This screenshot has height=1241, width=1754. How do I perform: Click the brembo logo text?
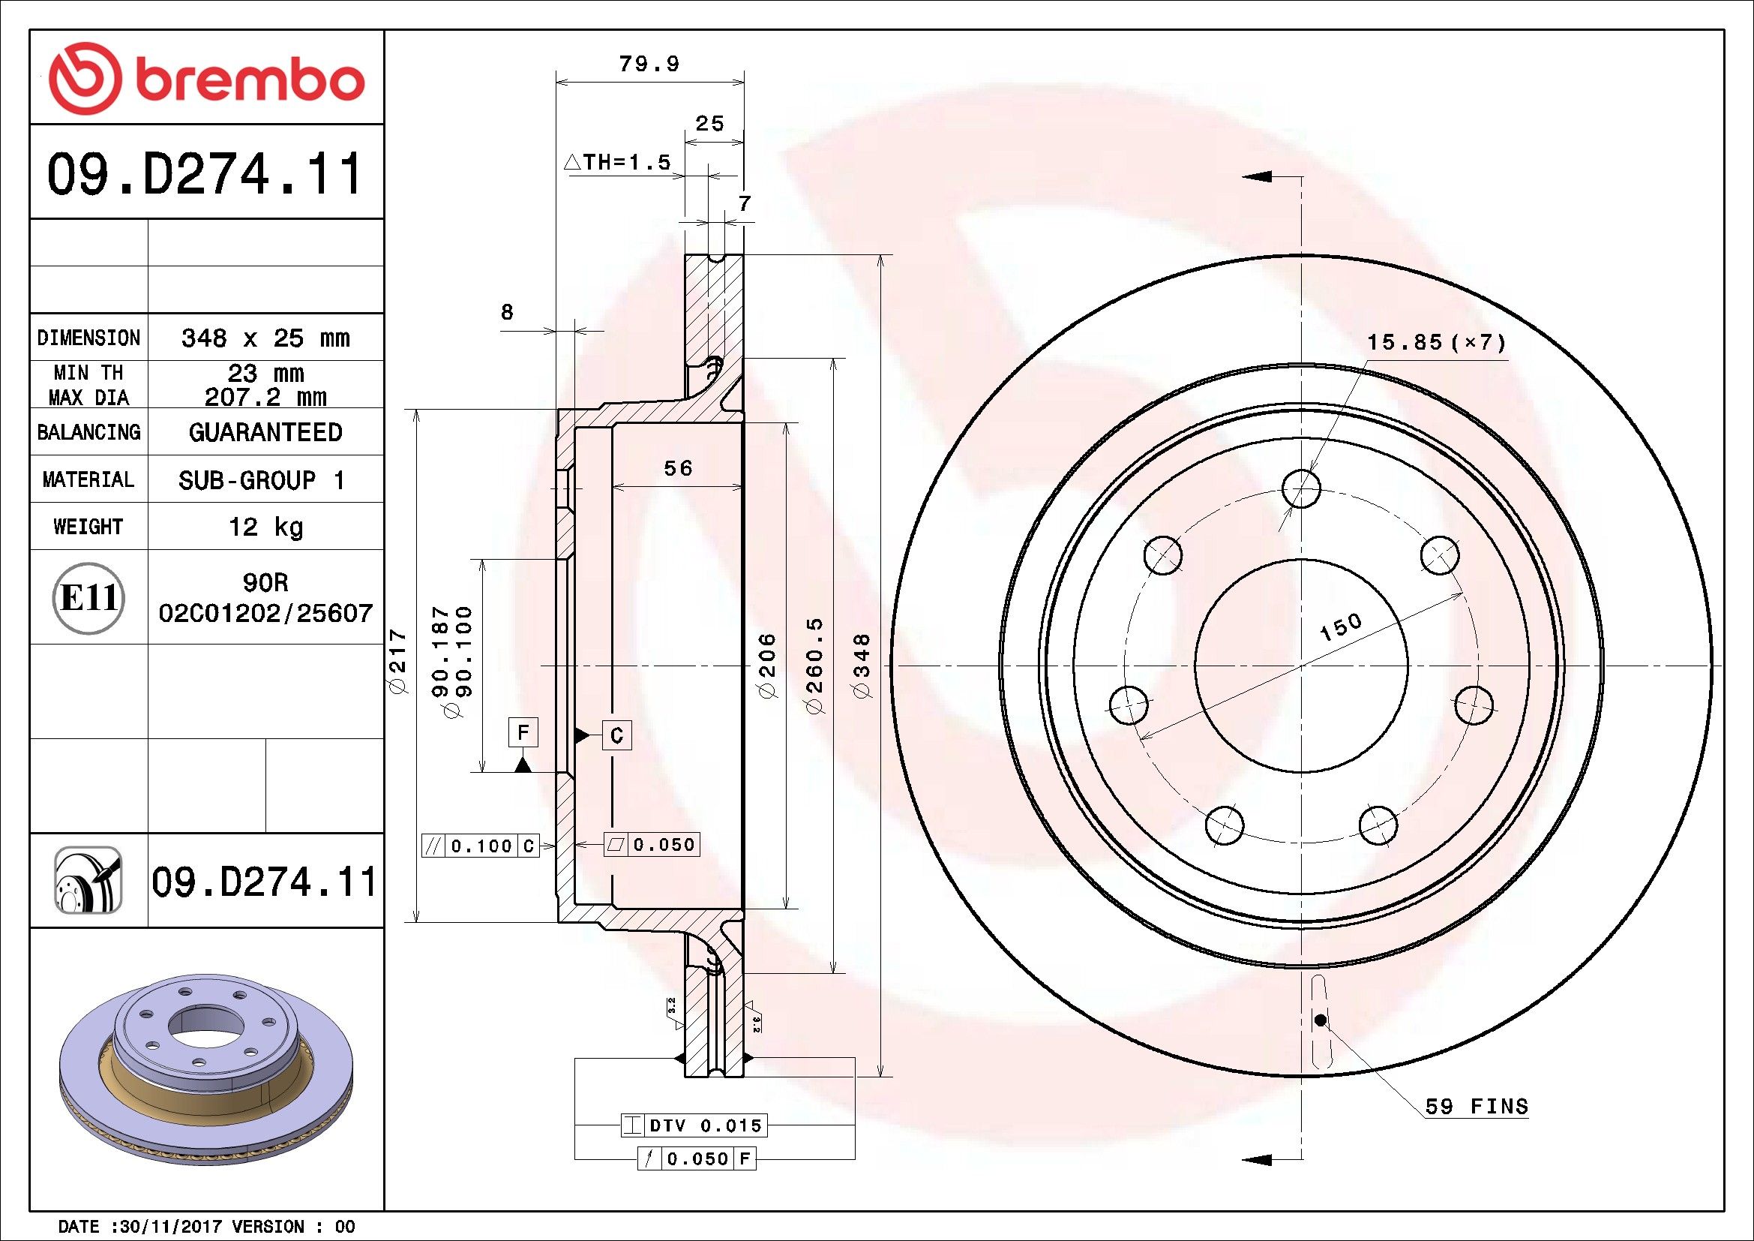(x=248, y=80)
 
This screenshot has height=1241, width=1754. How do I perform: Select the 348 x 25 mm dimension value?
(x=265, y=338)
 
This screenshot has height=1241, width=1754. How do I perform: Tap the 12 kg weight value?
(x=266, y=527)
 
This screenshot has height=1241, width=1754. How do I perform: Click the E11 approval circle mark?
(x=89, y=597)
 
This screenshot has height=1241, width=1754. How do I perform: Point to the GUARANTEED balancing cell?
(x=265, y=432)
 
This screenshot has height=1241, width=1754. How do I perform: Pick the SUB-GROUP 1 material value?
(x=261, y=480)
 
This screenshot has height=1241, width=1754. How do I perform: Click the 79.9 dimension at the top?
(x=649, y=65)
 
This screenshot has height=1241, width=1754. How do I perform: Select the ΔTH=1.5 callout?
(x=616, y=162)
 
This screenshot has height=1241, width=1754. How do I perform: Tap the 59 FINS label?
(x=1477, y=1107)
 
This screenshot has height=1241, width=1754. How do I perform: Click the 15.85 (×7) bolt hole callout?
(x=1436, y=341)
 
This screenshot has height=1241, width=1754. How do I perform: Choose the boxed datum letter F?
(x=523, y=732)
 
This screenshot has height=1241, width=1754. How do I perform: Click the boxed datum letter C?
(x=617, y=735)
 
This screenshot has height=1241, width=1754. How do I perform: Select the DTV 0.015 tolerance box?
(x=693, y=1125)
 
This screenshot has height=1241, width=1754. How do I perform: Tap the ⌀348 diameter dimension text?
(x=862, y=665)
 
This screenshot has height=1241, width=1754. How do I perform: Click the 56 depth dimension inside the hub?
(x=678, y=467)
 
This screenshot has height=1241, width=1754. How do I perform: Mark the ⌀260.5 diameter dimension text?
(x=815, y=666)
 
